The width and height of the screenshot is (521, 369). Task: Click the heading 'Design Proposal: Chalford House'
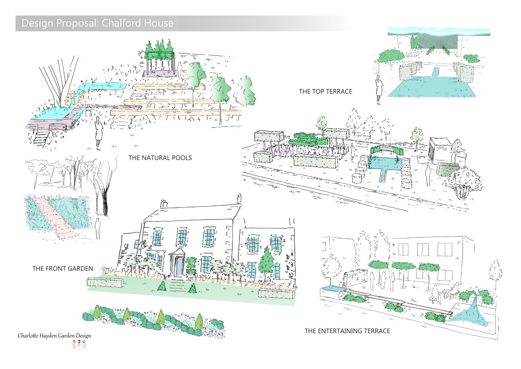(97, 23)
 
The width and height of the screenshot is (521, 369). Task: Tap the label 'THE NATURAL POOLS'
(160, 158)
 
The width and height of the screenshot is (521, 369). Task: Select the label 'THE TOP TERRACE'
(325, 92)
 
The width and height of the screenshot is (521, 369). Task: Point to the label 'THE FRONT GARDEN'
(63, 268)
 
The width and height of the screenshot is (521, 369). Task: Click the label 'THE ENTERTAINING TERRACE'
(347, 331)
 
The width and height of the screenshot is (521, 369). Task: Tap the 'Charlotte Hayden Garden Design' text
(55, 335)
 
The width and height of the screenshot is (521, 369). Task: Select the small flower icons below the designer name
(78, 344)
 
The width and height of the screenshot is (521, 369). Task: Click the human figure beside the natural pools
(98, 133)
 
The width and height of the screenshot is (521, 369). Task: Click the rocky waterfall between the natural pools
(74, 98)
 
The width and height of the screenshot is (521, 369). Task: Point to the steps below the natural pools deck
(41, 138)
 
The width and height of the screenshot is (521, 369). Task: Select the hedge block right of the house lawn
(276, 294)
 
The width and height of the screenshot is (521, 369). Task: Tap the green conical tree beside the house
(266, 263)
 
